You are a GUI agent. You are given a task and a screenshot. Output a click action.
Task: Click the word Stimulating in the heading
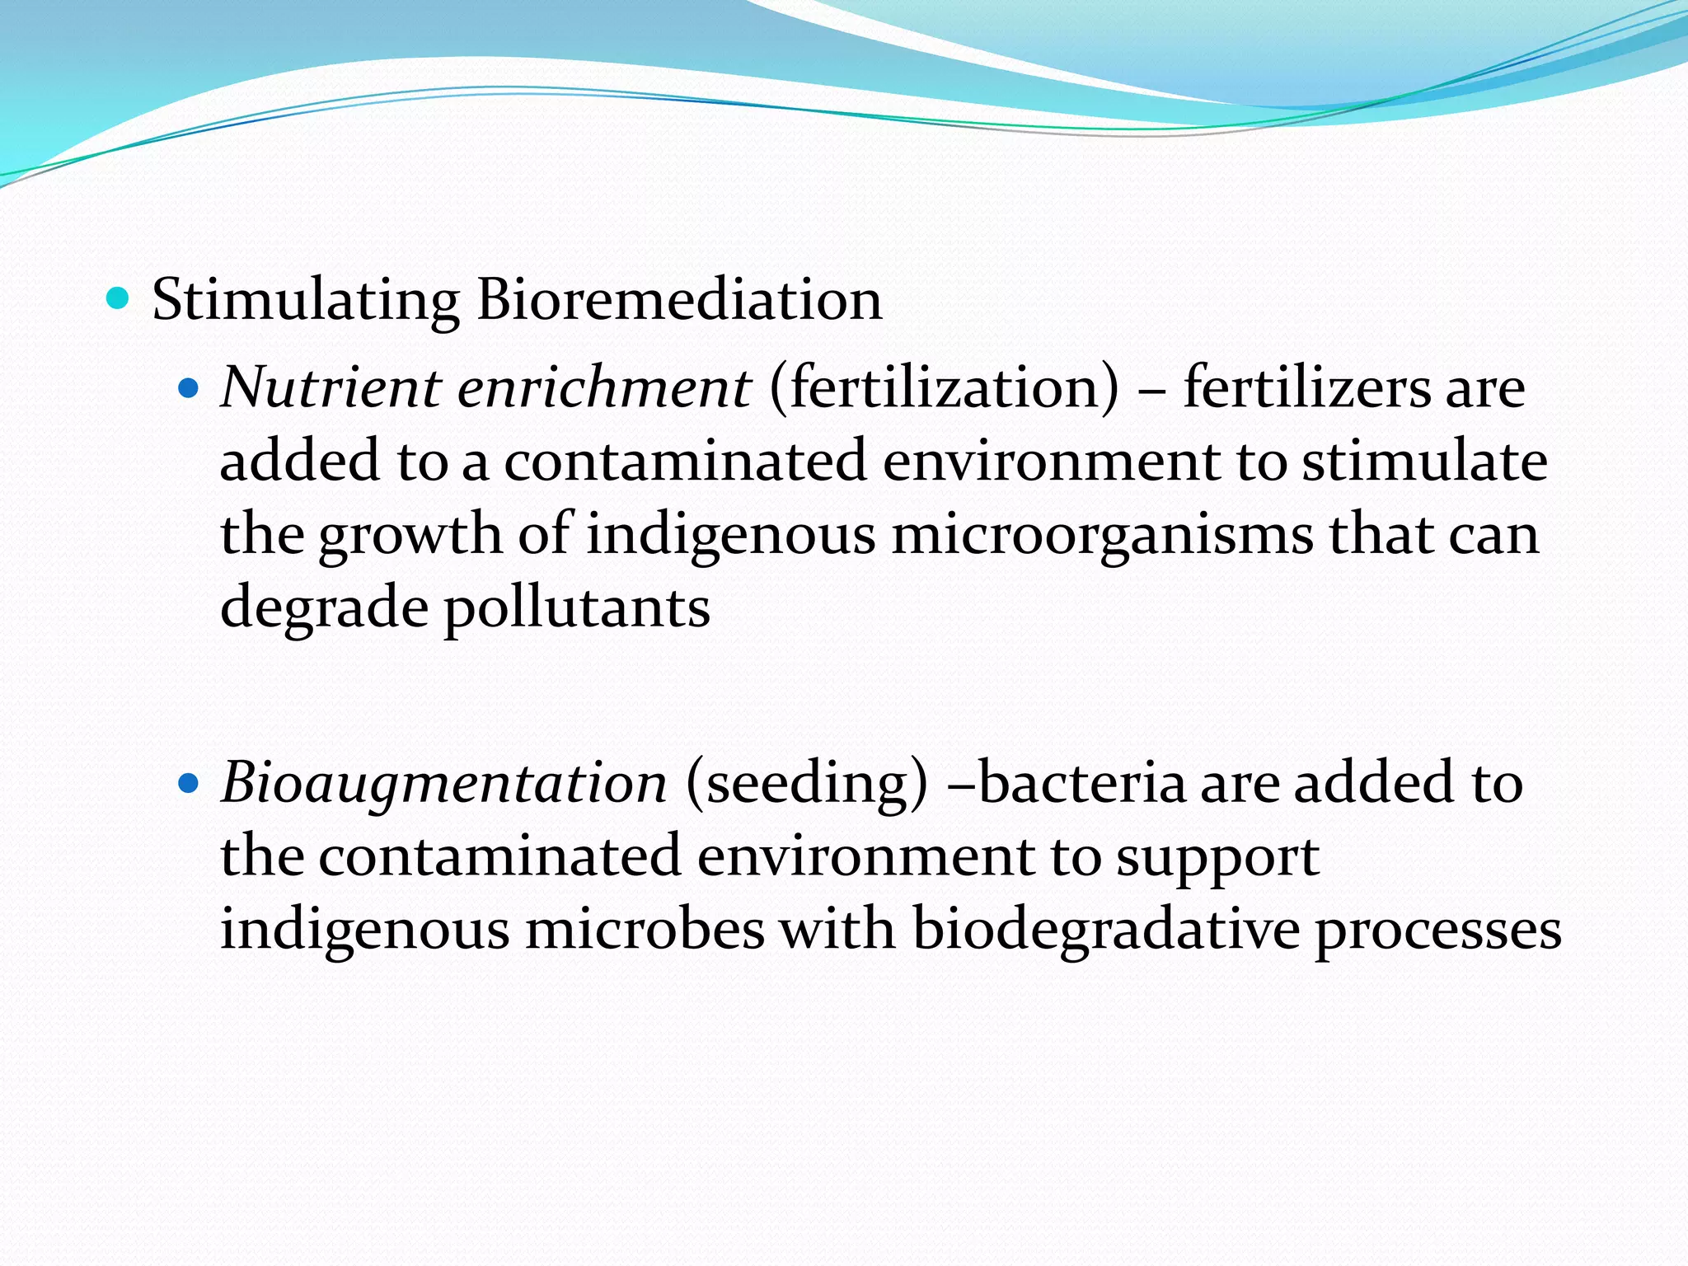pos(305,300)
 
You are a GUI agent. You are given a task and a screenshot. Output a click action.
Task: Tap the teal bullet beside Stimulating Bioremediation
pos(119,298)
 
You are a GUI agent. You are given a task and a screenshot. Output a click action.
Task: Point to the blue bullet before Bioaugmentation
pos(189,782)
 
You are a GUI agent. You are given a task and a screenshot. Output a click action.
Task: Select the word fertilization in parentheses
pos(945,389)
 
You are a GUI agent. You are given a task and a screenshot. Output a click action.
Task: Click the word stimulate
pos(1424,461)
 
